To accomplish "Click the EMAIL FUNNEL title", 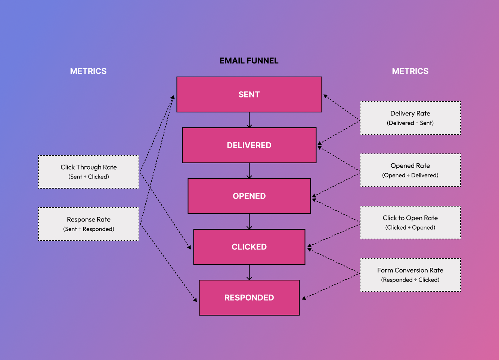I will click(249, 61).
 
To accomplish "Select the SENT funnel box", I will click(249, 94).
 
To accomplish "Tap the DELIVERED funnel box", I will click(249, 145).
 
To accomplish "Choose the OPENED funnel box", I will click(249, 196).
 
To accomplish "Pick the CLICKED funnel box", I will click(249, 247).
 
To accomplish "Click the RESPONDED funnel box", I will click(249, 298).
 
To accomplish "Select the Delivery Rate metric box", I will click(410, 118).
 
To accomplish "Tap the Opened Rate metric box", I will click(410, 170).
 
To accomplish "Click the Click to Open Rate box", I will click(410, 222).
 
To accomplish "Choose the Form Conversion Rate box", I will click(410, 274).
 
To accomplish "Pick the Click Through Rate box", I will click(89, 171).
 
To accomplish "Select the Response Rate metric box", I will click(89, 224).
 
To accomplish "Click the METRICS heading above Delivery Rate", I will click(410, 71).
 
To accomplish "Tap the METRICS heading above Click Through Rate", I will click(88, 71).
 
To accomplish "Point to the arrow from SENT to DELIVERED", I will click(249, 120).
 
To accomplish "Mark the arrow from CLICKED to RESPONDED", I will click(249, 272).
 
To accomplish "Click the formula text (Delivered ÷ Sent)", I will click(410, 123).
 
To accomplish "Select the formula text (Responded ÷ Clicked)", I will click(410, 280).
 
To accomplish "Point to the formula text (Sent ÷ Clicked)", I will click(89, 177).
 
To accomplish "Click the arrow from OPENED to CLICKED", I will click(249, 221).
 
